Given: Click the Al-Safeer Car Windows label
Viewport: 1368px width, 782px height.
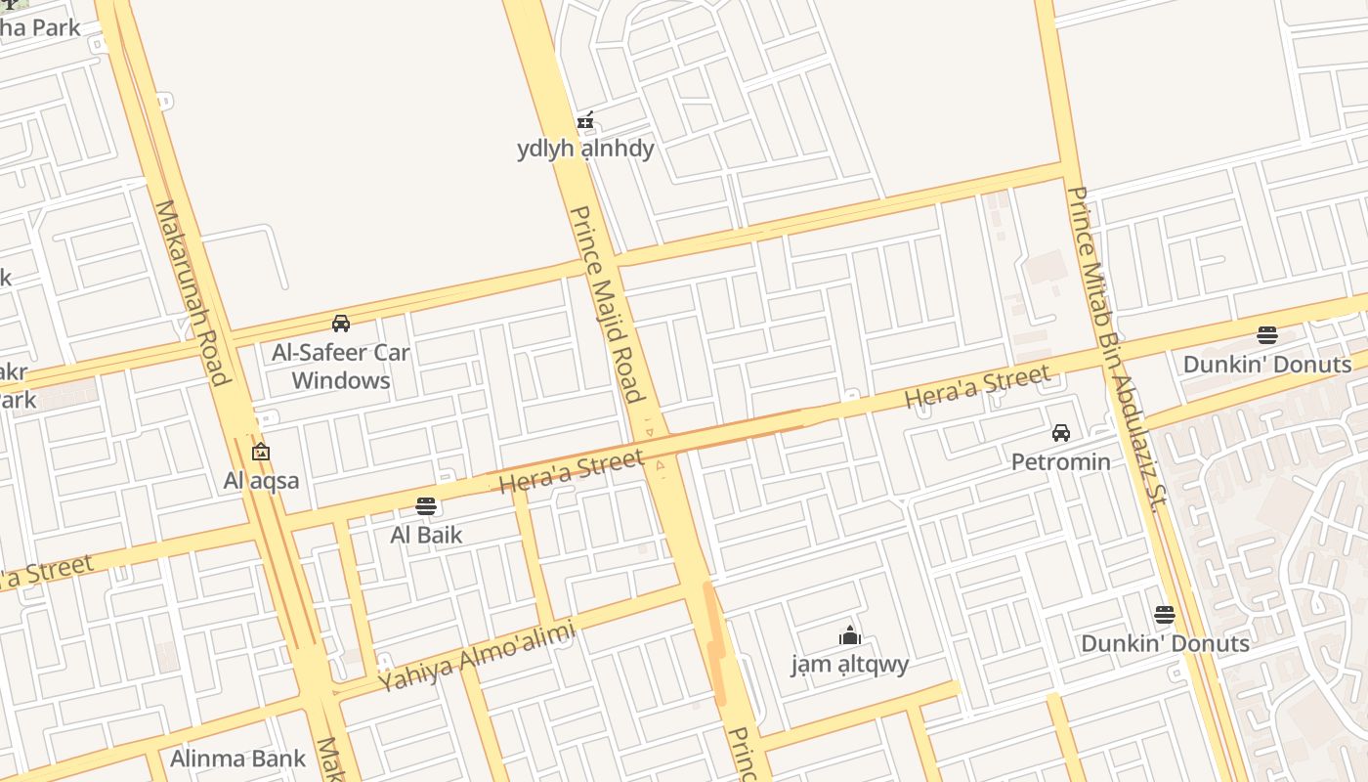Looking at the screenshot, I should pos(341,367).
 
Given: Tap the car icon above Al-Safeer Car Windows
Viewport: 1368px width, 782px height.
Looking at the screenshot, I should pos(341,324).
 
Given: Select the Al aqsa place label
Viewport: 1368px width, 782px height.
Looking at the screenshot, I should pos(261,480).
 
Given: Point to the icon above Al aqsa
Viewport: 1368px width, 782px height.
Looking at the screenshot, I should pos(260,453).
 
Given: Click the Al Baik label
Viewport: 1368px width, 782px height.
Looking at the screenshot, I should pos(426,535).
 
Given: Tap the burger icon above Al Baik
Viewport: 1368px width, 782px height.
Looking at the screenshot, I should pos(426,506).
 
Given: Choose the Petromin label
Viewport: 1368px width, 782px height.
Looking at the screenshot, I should pos(1060,461).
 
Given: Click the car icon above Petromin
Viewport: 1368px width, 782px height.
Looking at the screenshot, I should pos(1060,433).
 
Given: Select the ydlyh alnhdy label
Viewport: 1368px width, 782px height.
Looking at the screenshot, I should pos(585,150).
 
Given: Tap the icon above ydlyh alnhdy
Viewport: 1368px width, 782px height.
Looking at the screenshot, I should pos(585,121).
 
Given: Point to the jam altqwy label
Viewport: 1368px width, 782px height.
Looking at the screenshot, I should pos(850,665).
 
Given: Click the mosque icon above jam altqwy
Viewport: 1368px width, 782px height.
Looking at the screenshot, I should pos(850,636).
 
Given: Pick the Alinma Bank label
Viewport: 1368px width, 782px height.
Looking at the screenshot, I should pos(237,759).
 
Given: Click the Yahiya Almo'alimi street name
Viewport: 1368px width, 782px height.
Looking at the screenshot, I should pos(477,659).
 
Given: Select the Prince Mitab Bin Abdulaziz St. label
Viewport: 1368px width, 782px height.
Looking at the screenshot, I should pos(1114,349).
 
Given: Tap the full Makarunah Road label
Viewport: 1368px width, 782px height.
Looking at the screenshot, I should pos(192,292).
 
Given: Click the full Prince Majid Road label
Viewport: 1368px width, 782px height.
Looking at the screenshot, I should pos(607,304).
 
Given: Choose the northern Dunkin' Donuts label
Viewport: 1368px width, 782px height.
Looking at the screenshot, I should pos(1267,365).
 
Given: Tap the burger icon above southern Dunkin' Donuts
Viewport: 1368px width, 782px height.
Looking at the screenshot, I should pos(1164,615).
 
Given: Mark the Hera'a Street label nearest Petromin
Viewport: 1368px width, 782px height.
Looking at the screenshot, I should pos(977,386).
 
